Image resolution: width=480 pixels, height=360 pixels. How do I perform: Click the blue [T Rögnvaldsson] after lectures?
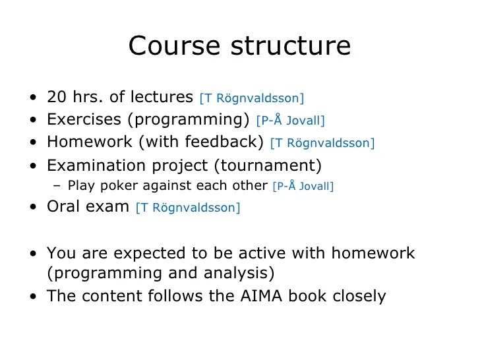pyautogui.click(x=251, y=98)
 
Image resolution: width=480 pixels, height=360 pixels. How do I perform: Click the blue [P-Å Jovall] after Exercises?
pyautogui.click(x=290, y=121)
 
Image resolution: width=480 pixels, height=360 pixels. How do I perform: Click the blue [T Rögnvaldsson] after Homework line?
pyautogui.click(x=322, y=143)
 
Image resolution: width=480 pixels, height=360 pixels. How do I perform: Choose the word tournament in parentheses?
pyautogui.click(x=275, y=165)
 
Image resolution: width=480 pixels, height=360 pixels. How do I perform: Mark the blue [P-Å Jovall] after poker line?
pyautogui.click(x=303, y=186)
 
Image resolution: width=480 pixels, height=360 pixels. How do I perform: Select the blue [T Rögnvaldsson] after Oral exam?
pyautogui.click(x=188, y=208)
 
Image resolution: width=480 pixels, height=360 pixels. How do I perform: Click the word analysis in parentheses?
pyautogui.click(x=240, y=273)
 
